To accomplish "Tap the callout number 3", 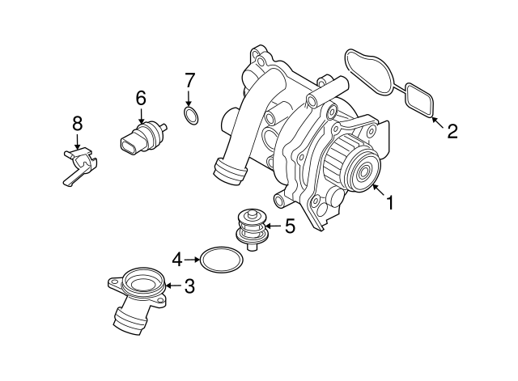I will coord(189,286).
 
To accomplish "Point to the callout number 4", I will coord(176,260).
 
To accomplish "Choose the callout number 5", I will coord(289,227).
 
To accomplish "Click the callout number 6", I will coord(140,98).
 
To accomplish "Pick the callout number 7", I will coord(189,80).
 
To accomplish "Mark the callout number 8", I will coord(77,123).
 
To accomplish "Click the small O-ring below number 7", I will coord(190,118).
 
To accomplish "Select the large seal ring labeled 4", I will coord(221,260).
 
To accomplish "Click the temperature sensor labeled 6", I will coord(142,138).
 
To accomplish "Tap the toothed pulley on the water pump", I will coord(355,167).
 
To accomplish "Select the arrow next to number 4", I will coord(193,260).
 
